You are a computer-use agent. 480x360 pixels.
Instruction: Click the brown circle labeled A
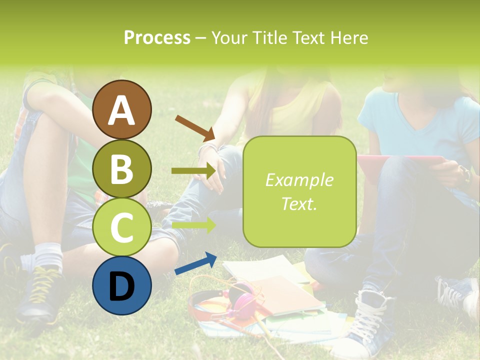click(x=122, y=109)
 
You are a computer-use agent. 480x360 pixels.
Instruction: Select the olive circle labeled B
click(x=122, y=168)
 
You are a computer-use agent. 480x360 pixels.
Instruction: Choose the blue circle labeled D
click(x=122, y=285)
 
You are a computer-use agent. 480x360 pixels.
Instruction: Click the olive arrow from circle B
click(x=194, y=171)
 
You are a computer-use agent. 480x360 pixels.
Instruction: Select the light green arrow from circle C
click(x=194, y=225)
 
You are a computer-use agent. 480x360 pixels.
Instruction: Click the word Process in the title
click(x=157, y=38)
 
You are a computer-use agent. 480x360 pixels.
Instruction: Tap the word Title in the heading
click(x=269, y=38)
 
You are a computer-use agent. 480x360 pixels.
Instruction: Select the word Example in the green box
click(x=299, y=180)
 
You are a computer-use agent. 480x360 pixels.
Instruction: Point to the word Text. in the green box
click(x=299, y=203)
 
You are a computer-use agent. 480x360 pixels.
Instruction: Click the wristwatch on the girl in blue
click(x=466, y=175)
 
